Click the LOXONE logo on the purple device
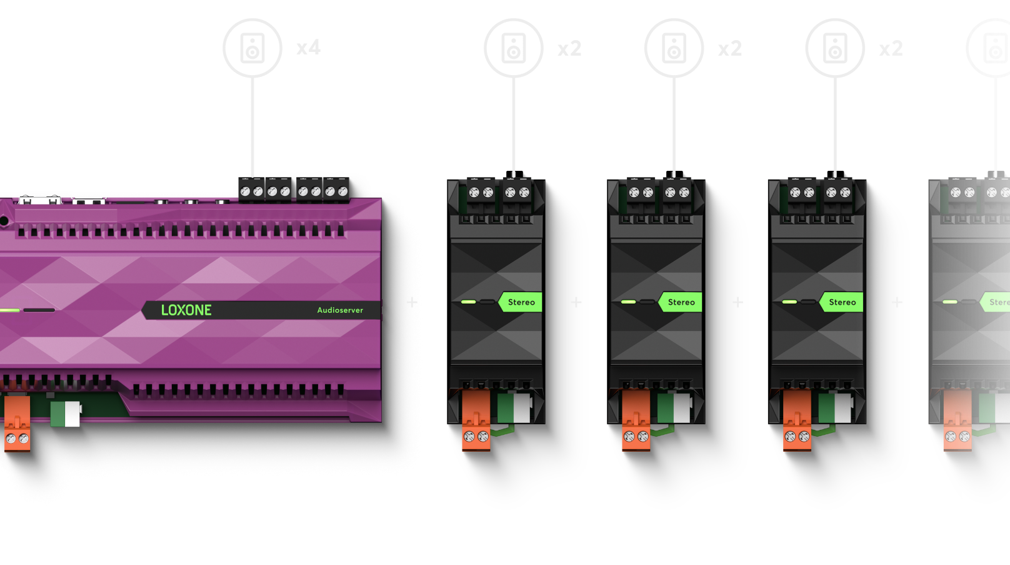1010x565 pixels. pyautogui.click(x=186, y=310)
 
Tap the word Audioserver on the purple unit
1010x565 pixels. pyautogui.click(x=340, y=310)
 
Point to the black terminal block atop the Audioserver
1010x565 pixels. pyautogui.click(x=294, y=189)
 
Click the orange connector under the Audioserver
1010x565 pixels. pyautogui.click(x=17, y=423)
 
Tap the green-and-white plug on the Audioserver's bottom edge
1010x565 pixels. pyautogui.click(x=66, y=414)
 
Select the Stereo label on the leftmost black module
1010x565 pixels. pyautogui.click(x=521, y=302)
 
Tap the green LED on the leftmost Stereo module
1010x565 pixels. pyautogui.click(x=468, y=302)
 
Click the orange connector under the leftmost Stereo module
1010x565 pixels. pyautogui.click(x=476, y=420)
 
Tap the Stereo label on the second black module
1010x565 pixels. pyautogui.click(x=681, y=302)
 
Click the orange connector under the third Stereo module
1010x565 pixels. pyautogui.click(x=797, y=420)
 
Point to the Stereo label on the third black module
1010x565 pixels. pyautogui.click(x=842, y=302)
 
